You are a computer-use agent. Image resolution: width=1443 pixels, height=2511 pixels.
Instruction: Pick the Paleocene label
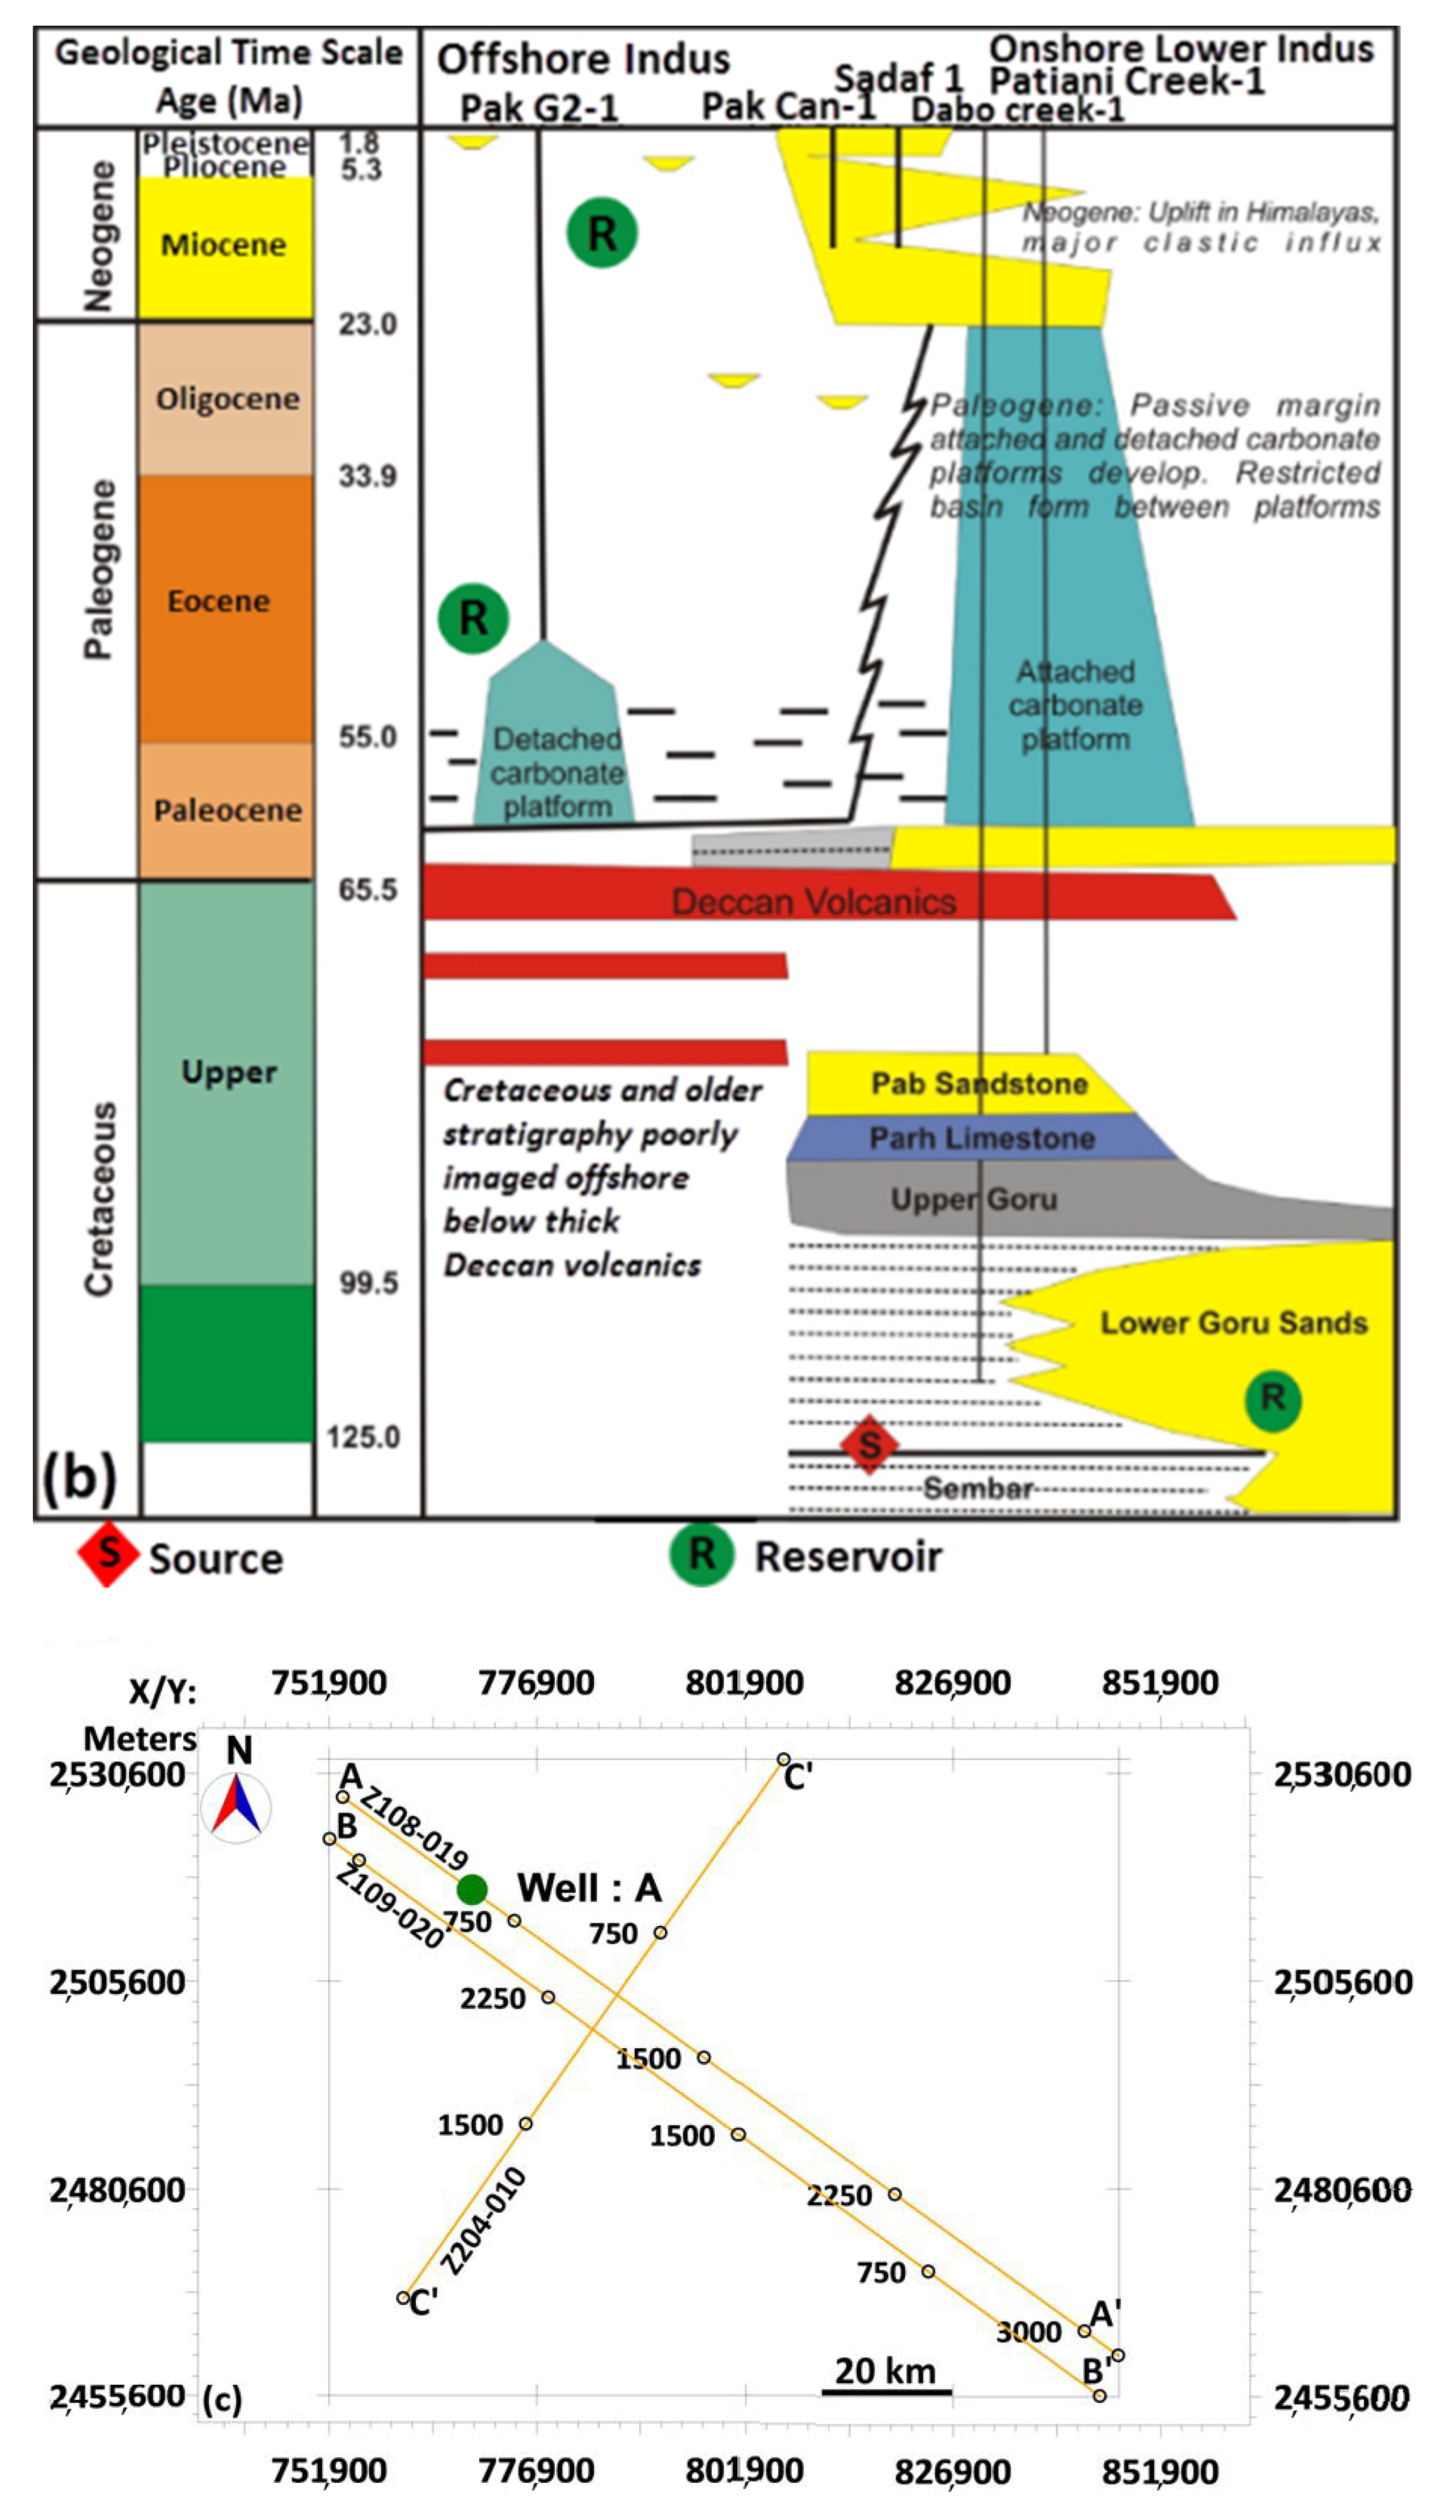(227, 810)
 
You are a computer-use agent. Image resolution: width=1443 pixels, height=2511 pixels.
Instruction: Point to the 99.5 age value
(368, 1283)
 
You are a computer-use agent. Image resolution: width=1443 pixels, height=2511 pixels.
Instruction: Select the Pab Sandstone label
(978, 1083)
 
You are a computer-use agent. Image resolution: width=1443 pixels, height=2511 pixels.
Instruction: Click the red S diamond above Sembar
(869, 1444)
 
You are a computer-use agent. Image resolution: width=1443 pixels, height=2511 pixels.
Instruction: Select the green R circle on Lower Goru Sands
(1273, 1398)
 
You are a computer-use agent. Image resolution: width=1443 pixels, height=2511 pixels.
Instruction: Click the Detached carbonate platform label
(556, 773)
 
